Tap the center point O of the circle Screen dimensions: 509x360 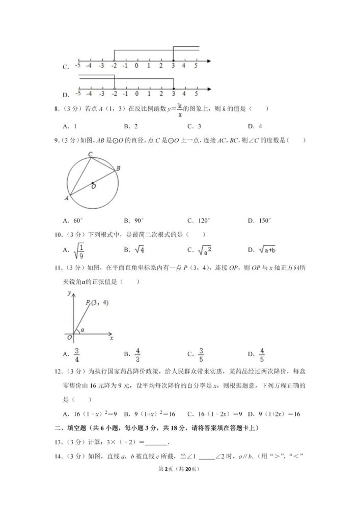pos(93,183)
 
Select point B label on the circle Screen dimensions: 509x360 pos(118,168)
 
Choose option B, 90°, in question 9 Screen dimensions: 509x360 pos(134,220)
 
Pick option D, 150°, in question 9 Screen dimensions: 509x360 pos(260,220)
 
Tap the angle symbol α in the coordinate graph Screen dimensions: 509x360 pos(82,330)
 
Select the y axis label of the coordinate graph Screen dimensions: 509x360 pos(68,294)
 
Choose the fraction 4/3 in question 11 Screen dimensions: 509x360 pos(137,354)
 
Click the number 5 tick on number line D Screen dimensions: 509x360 pos(196,94)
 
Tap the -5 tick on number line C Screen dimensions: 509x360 pos(77,66)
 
